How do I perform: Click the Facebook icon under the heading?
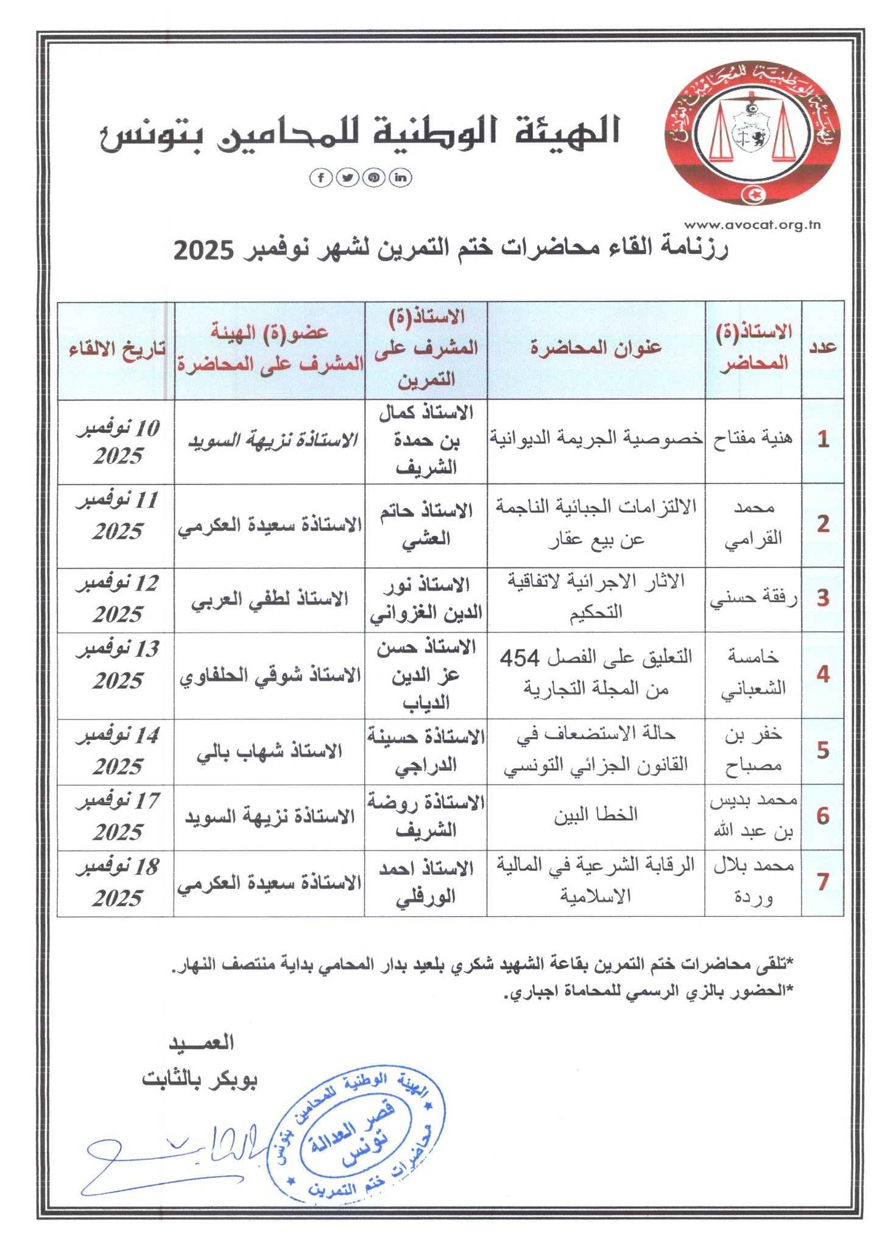coord(321,177)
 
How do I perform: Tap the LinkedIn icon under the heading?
coord(400,177)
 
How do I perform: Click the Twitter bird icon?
coord(347,177)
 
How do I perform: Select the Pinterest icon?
coord(373,177)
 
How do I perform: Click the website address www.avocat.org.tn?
coord(752,225)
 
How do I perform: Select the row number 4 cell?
coord(823,674)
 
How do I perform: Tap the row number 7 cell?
coord(823,881)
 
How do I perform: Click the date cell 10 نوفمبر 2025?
coord(118,442)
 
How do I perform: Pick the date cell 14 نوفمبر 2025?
coord(118,751)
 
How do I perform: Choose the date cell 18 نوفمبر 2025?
coord(118,882)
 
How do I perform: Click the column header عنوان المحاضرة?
coord(596,348)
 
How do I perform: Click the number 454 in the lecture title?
coord(520,658)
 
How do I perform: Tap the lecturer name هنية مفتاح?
coord(753,438)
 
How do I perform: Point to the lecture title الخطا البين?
coord(596,815)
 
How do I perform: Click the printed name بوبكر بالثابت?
coord(200,1080)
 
